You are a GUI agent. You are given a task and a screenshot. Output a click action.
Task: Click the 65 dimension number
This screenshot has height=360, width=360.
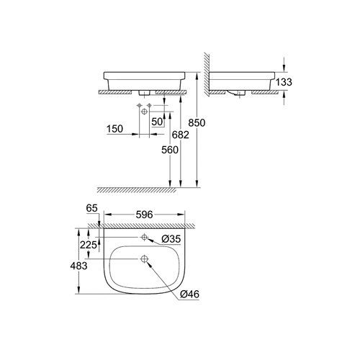click(x=91, y=208)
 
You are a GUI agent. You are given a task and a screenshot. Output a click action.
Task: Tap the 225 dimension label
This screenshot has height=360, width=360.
click(x=89, y=244)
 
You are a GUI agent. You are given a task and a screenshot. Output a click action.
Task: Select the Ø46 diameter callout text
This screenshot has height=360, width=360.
click(x=189, y=294)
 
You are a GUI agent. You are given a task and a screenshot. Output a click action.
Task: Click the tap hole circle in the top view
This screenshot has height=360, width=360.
click(x=144, y=238)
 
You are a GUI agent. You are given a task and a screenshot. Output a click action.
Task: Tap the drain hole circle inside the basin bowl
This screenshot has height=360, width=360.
click(x=144, y=259)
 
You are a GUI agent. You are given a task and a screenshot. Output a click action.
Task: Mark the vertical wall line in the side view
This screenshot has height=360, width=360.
click(x=210, y=72)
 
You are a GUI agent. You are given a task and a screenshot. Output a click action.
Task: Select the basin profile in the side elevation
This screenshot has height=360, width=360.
click(x=245, y=80)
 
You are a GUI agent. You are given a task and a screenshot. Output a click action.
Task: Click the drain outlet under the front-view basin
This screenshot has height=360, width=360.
click(x=145, y=94)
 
